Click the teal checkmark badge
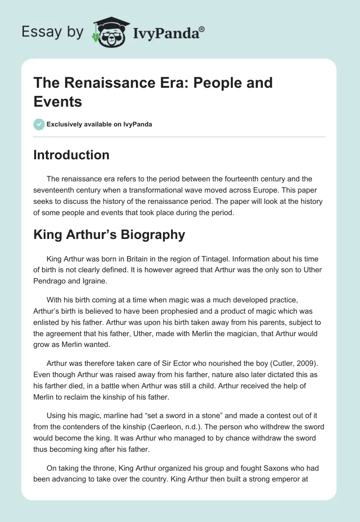coord(39,124)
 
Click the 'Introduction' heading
coord(72,155)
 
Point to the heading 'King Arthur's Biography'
coord(109,234)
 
